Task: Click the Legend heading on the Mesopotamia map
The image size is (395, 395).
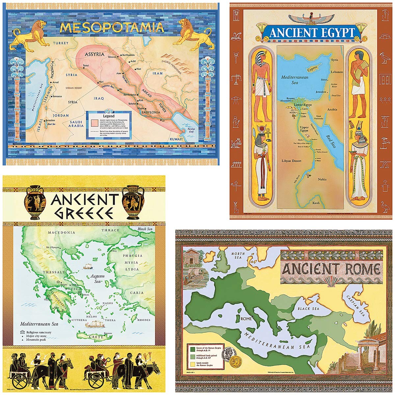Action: coord(109,116)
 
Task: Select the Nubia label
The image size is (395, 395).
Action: coord(322,179)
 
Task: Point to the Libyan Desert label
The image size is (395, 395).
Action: coord(292,161)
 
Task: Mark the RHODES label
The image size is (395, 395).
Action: coord(144,320)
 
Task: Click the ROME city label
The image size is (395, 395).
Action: coord(246,319)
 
